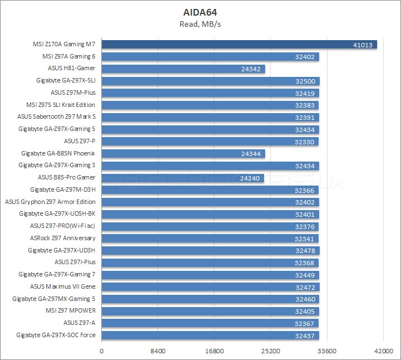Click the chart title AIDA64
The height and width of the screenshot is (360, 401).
coord(200,12)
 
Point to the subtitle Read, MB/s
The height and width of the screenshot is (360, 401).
coord(200,23)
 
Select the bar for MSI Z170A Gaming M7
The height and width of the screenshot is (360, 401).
coord(239,44)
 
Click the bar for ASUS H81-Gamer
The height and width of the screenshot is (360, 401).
coord(183,69)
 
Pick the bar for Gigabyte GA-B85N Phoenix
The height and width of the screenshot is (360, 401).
coord(183,153)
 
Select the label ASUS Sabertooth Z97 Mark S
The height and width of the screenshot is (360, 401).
coord(56,117)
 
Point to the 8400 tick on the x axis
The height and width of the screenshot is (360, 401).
coord(158,351)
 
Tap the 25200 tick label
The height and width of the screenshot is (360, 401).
coord(271,351)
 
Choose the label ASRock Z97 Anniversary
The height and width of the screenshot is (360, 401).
coord(62,239)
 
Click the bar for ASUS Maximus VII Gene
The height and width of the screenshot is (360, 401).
coord(211,287)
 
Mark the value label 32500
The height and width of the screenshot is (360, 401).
coord(306,81)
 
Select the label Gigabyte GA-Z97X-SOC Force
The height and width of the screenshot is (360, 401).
coord(56,335)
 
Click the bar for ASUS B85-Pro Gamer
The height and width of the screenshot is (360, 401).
coord(183,178)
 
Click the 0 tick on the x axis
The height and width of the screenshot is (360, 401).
coord(101,351)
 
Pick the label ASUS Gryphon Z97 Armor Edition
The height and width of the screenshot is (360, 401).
coord(50,202)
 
